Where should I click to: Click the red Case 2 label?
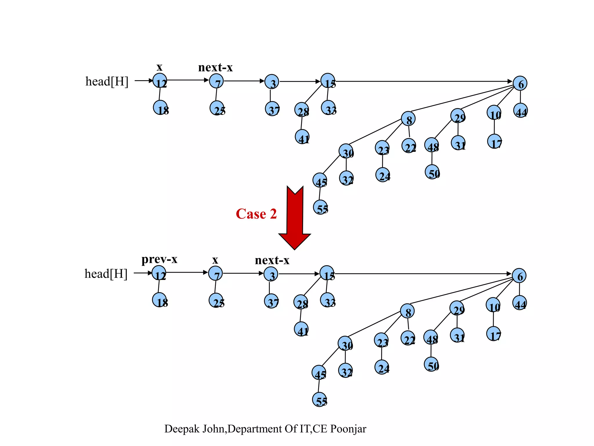[256, 214]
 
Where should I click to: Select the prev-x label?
[159, 259]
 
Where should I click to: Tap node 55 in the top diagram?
[320, 207]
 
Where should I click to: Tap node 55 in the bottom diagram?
[319, 400]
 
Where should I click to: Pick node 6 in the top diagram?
[520, 84]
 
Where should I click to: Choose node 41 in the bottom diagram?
[301, 329]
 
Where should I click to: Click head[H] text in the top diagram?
[107, 81]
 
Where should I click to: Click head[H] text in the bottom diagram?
[106, 274]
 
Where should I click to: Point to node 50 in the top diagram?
[432, 172]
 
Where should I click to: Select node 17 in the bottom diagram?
[494, 334]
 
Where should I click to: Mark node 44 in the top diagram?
[521, 111]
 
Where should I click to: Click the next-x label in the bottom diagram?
[272, 260]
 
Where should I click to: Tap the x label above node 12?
[159, 67]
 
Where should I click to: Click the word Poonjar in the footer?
[348, 429]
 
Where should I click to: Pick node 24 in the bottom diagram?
[382, 367]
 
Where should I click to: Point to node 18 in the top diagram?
[160, 108]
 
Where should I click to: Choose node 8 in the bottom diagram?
[407, 311]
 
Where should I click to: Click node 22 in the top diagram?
[409, 146]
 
